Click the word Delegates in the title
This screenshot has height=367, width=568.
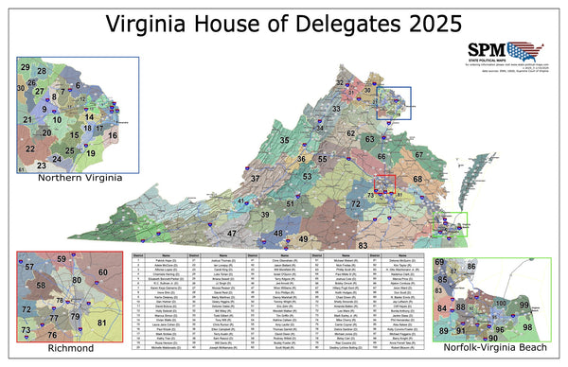[x=333, y=23]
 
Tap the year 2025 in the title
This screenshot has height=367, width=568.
[x=427, y=23]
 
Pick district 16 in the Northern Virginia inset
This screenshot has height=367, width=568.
[x=112, y=135]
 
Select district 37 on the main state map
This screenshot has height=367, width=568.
[x=254, y=178]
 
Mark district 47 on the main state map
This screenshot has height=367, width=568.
[x=232, y=232]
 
